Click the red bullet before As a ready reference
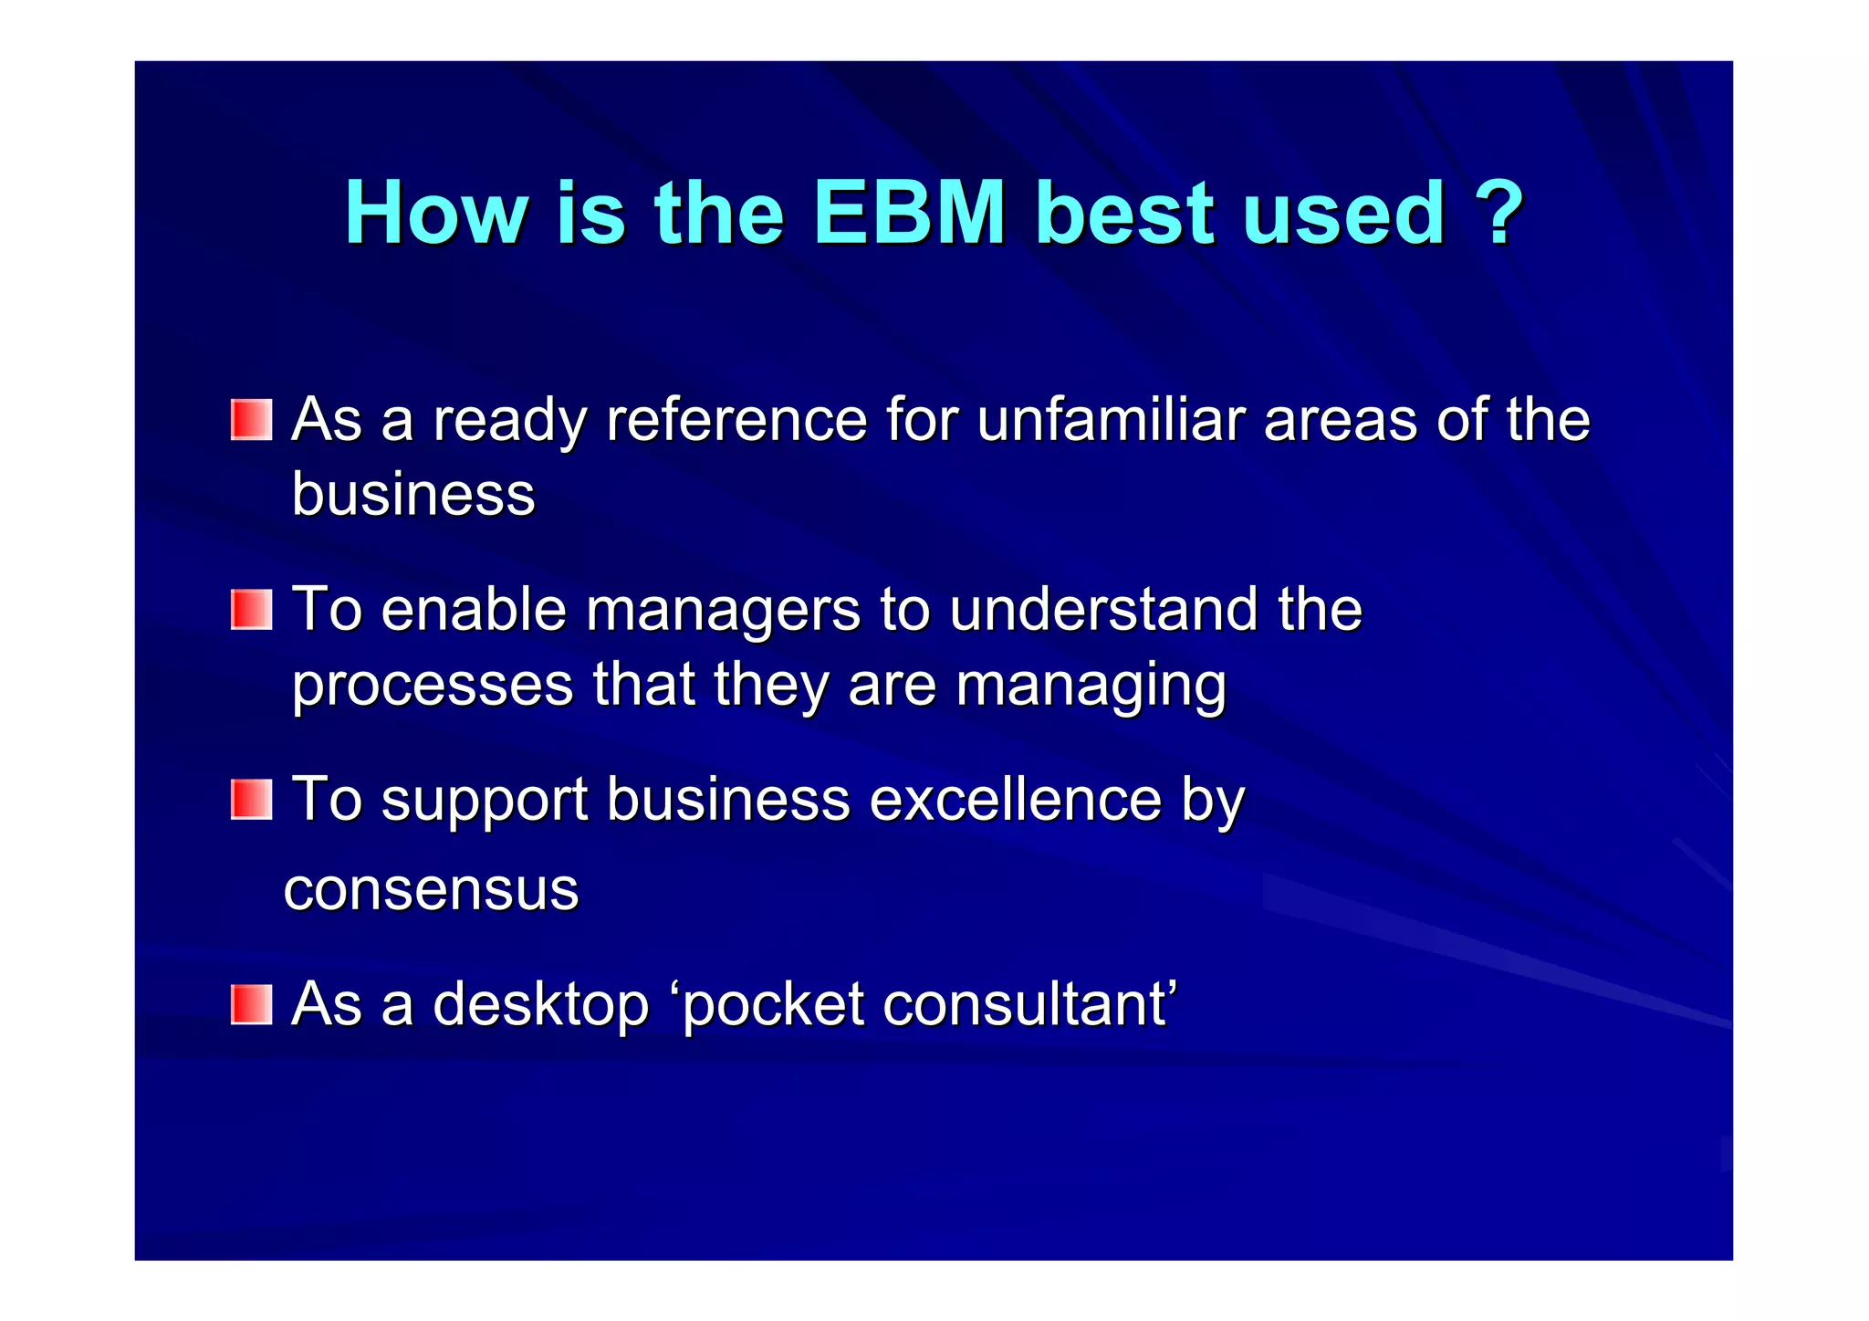click(x=251, y=419)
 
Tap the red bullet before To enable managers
click(x=251, y=609)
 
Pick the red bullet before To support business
click(x=251, y=799)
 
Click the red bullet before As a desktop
click(x=251, y=1004)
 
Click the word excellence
click(x=1015, y=800)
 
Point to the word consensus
click(x=431, y=890)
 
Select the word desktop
click(x=540, y=1004)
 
